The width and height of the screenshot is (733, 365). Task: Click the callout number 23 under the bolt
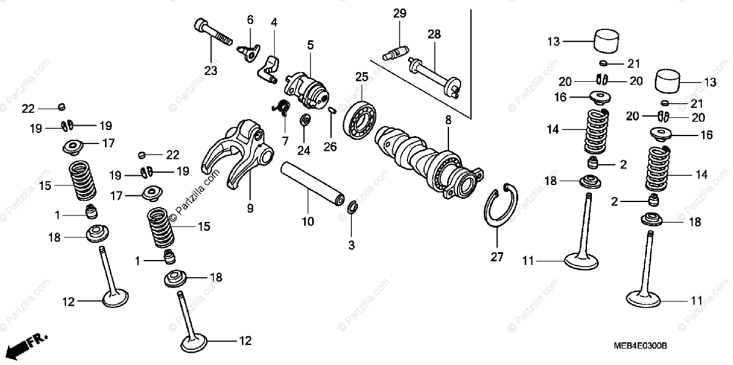(x=210, y=71)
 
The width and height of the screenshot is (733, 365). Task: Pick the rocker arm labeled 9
(x=238, y=153)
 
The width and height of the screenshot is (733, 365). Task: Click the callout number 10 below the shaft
(x=308, y=222)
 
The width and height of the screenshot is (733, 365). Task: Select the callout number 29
(x=399, y=13)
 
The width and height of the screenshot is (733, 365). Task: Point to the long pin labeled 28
(x=435, y=74)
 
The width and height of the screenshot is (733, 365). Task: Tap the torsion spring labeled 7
(x=282, y=106)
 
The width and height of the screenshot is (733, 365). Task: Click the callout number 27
(x=497, y=257)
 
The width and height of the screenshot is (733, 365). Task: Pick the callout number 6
(x=250, y=20)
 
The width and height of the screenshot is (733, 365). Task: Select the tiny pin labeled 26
(x=330, y=110)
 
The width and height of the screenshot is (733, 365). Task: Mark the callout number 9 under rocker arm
(x=250, y=208)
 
